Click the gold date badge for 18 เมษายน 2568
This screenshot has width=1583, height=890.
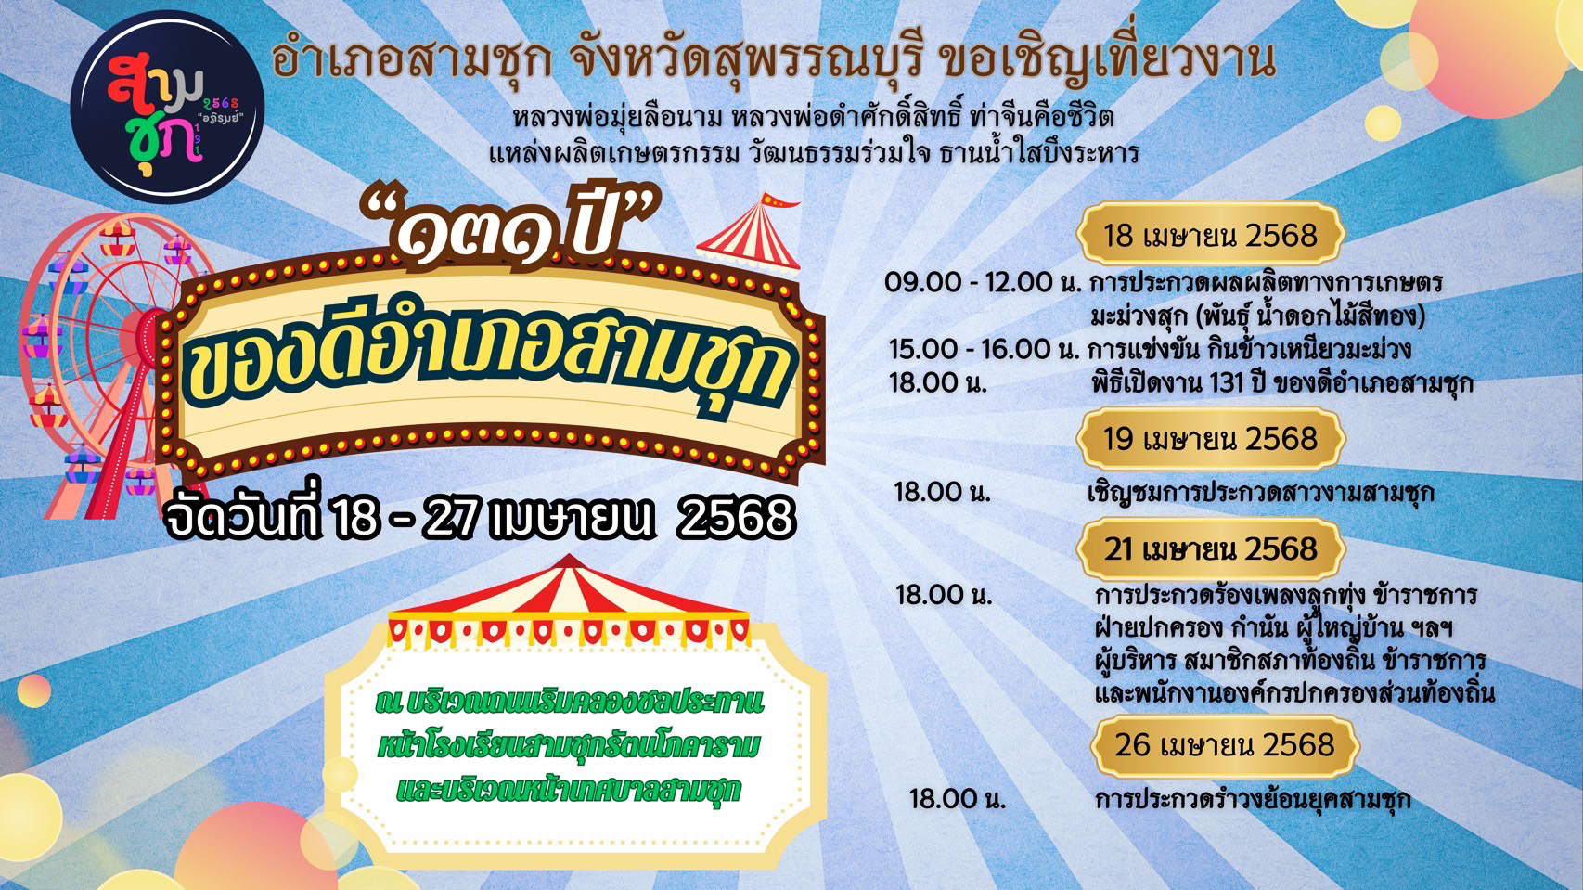tap(1210, 235)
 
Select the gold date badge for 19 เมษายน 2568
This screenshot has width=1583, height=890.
tap(1210, 439)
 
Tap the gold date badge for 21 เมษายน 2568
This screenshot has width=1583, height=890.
tap(1210, 549)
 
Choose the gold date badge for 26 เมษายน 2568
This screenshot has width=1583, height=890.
tap(1225, 746)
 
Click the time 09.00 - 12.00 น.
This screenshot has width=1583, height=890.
tap(984, 283)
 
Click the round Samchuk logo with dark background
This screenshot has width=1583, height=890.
tap(168, 107)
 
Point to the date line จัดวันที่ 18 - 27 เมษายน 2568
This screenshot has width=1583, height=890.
tap(479, 518)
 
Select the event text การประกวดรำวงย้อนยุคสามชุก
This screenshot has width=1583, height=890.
tap(1253, 800)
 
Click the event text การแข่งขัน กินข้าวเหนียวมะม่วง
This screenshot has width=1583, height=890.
tap(1250, 349)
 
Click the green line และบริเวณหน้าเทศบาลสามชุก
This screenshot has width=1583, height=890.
tap(569, 790)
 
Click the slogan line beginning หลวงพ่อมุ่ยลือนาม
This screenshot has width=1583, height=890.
tap(813, 117)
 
